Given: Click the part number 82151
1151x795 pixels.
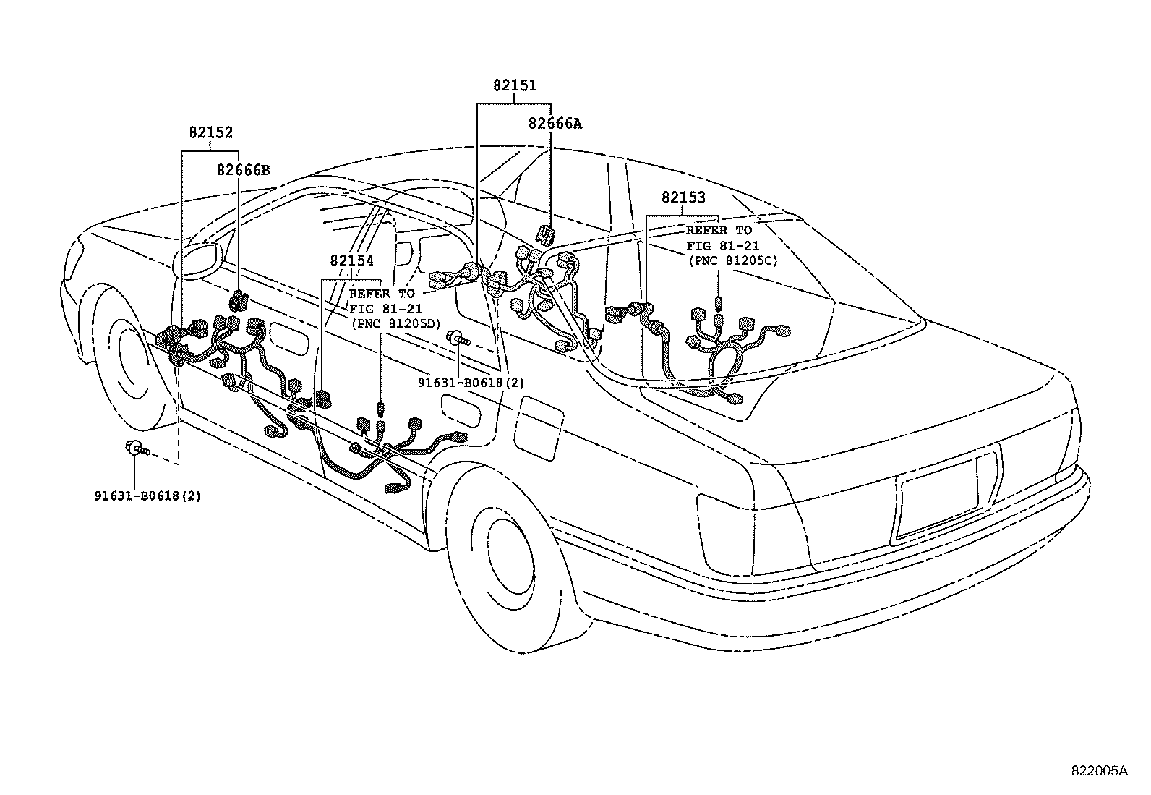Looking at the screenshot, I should pyautogui.click(x=515, y=85).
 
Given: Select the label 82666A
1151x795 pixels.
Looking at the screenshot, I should pyautogui.click(x=555, y=123).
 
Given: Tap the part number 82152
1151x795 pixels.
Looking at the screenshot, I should pyautogui.click(x=211, y=132).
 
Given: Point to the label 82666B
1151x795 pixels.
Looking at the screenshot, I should pyautogui.click(x=243, y=170).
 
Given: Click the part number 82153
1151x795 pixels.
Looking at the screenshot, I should pyautogui.click(x=683, y=197).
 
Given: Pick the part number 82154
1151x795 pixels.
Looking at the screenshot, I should pyautogui.click(x=351, y=261).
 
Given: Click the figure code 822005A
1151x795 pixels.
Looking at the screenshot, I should pyautogui.click(x=1099, y=770).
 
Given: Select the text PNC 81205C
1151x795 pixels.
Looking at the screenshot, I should pyautogui.click(x=732, y=260).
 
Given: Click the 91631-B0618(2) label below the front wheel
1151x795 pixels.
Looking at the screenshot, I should pyautogui.click(x=147, y=496).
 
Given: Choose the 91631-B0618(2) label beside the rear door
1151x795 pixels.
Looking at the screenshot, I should pyautogui.click(x=471, y=382).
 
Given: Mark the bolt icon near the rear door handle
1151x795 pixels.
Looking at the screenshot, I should pyautogui.click(x=458, y=337).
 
